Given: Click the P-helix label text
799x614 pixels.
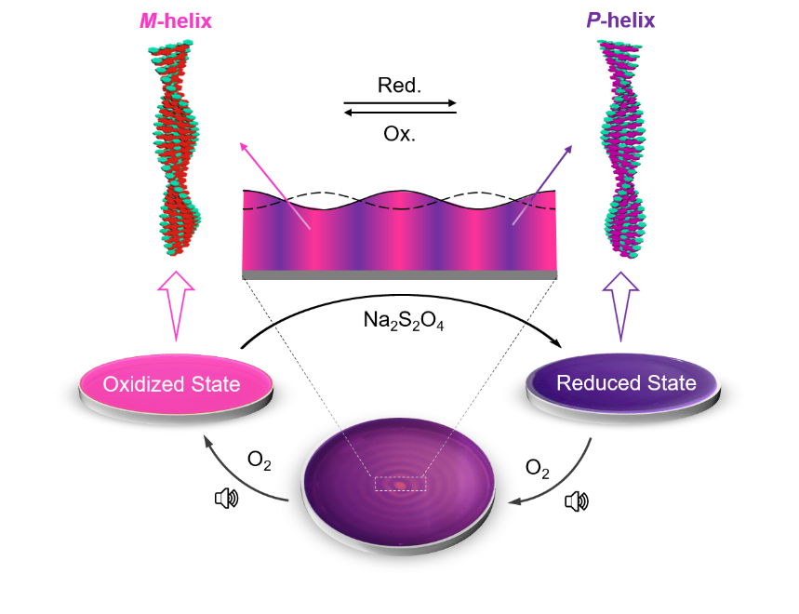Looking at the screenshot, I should point(620,20).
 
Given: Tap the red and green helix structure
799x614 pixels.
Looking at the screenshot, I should point(179,149).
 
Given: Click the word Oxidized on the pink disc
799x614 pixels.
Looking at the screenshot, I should point(142,384).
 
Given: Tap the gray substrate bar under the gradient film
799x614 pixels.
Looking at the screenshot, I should point(400,275).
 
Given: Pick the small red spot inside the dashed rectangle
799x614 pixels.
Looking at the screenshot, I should point(400,485).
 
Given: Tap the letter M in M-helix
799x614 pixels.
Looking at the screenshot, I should point(147,20).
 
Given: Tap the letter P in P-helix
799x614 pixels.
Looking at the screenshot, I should point(593,20).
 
